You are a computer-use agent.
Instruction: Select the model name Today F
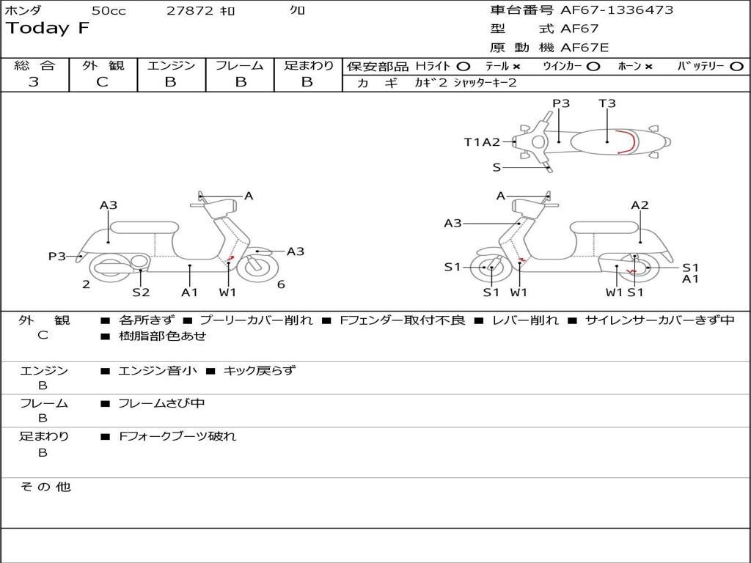(x=47, y=29)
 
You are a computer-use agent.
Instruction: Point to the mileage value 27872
(x=189, y=11)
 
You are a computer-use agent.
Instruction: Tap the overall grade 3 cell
(x=34, y=82)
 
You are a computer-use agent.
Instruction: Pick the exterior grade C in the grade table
(x=102, y=82)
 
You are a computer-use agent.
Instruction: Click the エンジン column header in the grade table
(x=171, y=65)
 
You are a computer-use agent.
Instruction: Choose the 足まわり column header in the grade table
(x=308, y=65)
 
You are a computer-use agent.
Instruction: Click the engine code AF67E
(x=585, y=48)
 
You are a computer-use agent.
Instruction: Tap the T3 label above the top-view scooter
(x=607, y=103)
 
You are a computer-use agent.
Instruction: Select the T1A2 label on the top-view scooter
(x=482, y=142)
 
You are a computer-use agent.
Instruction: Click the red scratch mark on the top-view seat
(x=625, y=141)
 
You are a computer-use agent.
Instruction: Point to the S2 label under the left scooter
(x=141, y=292)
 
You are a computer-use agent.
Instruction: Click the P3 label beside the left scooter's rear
(x=57, y=256)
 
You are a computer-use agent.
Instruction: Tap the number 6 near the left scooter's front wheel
(x=281, y=284)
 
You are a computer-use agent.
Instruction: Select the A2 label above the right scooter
(x=640, y=205)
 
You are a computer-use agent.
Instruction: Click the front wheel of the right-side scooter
(x=491, y=269)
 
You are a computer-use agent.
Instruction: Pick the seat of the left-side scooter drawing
(x=144, y=226)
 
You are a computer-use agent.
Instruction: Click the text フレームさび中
(x=161, y=403)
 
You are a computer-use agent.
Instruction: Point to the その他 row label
(x=45, y=487)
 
